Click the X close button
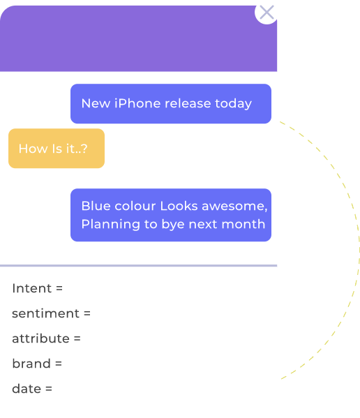click(267, 13)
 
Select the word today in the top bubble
click(233, 104)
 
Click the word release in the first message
click(188, 103)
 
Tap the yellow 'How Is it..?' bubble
click(57, 148)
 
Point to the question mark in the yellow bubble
click(84, 149)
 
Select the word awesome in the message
click(234, 206)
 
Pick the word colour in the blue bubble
click(135, 206)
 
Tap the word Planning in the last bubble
click(111, 225)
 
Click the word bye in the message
click(173, 225)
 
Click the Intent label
click(32, 288)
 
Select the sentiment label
click(45, 313)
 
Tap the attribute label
click(40, 338)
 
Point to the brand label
click(31, 364)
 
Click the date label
click(27, 389)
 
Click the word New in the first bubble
click(96, 103)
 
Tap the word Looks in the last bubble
click(179, 206)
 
